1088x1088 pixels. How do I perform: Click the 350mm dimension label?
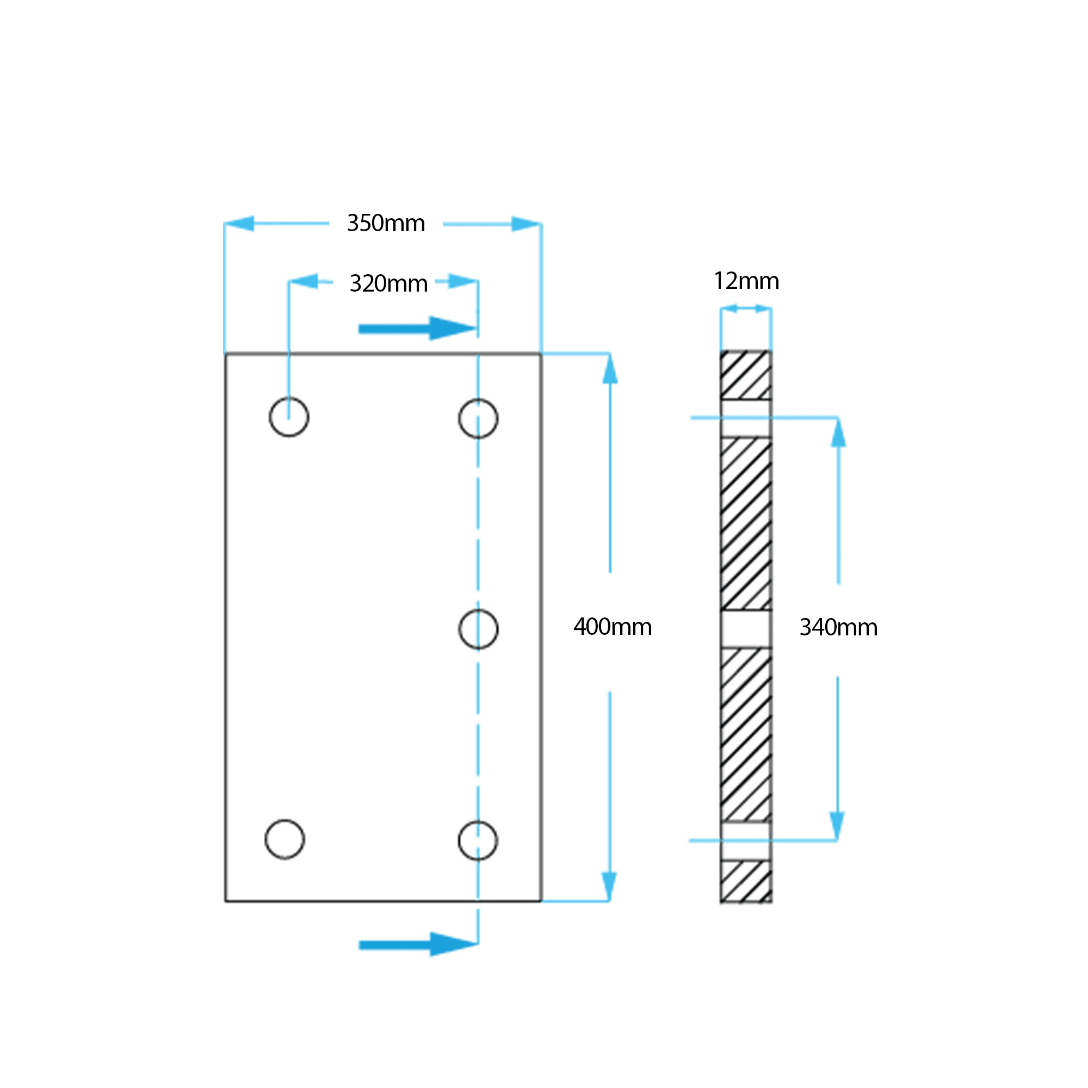(386, 224)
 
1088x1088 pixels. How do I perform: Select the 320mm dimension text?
(388, 283)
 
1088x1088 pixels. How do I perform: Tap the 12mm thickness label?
(746, 281)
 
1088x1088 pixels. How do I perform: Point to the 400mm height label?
(612, 627)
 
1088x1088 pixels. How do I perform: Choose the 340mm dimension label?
(838, 627)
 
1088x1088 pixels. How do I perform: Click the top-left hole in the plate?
(289, 417)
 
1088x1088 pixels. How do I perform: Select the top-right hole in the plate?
(478, 418)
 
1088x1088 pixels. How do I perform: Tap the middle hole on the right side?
(478, 629)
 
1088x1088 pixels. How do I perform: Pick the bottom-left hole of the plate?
(285, 839)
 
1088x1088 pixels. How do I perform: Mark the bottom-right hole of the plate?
(478, 841)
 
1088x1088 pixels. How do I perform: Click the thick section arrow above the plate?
(417, 329)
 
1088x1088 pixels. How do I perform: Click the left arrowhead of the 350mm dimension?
(239, 224)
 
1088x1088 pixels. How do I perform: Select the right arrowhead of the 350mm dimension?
(526, 224)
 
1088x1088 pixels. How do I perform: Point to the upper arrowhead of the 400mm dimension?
(610, 370)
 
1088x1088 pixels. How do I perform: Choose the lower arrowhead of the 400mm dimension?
(609, 885)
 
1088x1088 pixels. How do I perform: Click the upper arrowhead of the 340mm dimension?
(838, 434)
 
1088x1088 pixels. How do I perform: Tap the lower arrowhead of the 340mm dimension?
(837, 826)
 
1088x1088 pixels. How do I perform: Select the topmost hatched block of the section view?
(746, 375)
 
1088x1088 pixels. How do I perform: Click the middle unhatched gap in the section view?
(746, 629)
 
